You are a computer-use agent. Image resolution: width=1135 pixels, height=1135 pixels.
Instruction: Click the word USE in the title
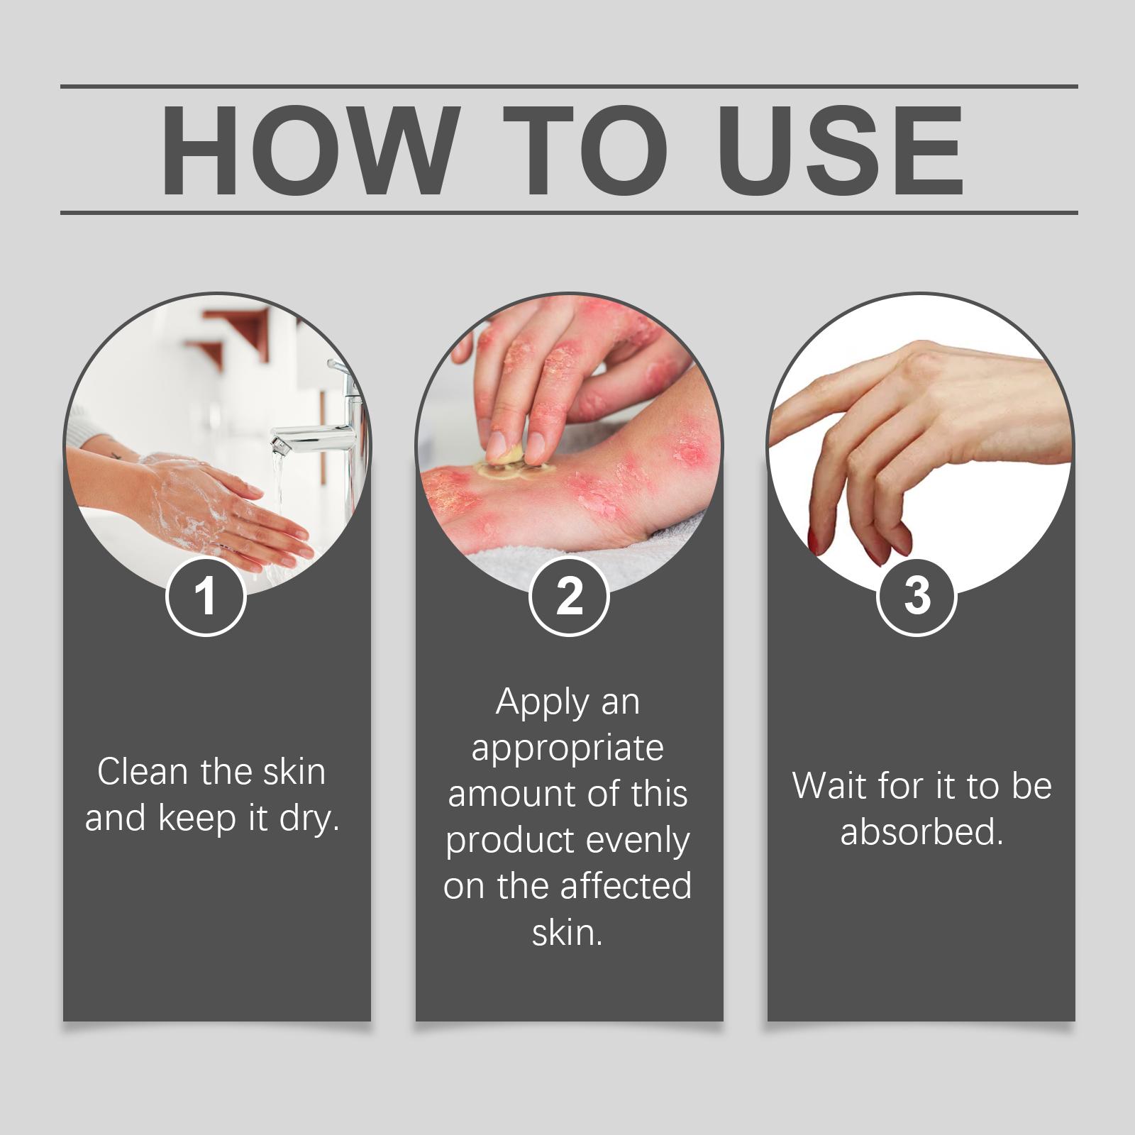(845, 150)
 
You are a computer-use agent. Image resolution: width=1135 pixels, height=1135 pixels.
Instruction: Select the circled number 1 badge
(206, 597)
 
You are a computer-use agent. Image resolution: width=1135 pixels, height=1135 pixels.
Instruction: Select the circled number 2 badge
(569, 597)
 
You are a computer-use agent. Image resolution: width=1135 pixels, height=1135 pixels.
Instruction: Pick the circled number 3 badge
(917, 597)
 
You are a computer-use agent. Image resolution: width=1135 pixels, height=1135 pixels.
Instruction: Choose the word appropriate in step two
(567, 749)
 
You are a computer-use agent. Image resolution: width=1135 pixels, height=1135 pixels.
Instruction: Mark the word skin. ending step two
(567, 933)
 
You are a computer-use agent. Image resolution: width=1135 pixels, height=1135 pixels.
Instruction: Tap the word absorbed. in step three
(922, 831)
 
